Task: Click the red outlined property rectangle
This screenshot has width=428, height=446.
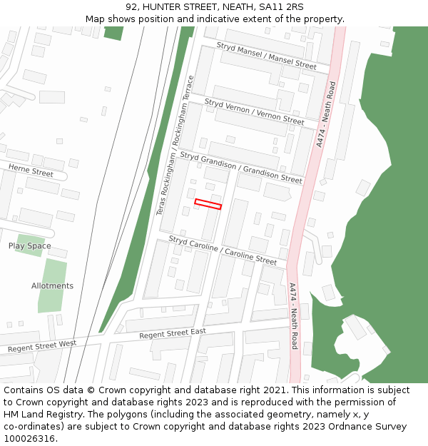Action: click(x=208, y=203)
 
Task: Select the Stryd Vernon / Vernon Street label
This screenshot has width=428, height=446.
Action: click(x=254, y=111)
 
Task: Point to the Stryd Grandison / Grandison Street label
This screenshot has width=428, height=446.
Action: click(x=240, y=167)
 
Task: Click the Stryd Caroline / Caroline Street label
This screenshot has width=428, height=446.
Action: click(x=222, y=250)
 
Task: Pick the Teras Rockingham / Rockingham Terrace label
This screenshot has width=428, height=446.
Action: click(x=175, y=146)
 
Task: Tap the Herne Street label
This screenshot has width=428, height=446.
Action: click(x=31, y=170)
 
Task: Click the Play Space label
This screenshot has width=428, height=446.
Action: click(x=29, y=246)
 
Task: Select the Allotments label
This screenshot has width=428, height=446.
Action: click(x=52, y=286)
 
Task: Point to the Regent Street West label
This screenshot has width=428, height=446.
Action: click(x=41, y=345)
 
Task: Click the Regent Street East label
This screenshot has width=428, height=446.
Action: click(x=172, y=333)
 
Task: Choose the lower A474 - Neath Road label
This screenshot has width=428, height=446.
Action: click(x=293, y=315)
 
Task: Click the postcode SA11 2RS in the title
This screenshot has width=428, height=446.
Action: click(x=281, y=7)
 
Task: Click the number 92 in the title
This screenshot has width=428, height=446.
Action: click(x=131, y=7)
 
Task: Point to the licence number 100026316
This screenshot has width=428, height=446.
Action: click(x=30, y=438)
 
